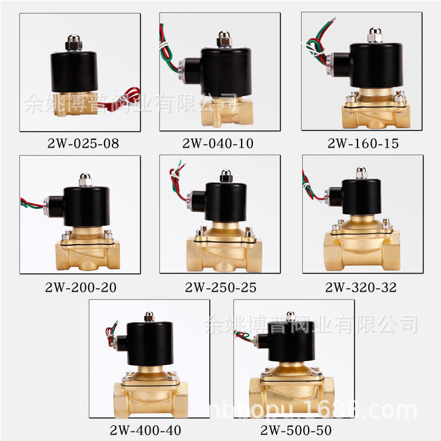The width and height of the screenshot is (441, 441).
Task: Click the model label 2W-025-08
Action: (83, 143)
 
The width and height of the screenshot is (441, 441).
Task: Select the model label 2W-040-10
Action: (218, 143)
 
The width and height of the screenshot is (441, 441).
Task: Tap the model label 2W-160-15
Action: (363, 143)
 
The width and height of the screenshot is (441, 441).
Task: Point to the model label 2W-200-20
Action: (81, 288)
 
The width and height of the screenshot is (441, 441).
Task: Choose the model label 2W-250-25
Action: (220, 288)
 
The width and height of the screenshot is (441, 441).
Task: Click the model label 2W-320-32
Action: (361, 288)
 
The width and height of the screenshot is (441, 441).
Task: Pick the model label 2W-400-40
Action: (145, 430)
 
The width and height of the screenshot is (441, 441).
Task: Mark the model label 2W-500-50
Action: (296, 430)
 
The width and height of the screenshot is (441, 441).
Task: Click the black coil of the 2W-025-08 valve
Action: (74, 72)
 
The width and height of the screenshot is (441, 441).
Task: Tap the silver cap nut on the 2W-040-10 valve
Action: (224, 39)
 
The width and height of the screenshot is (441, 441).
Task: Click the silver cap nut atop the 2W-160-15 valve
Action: (375, 35)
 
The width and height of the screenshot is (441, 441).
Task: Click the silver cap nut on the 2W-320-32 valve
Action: (362, 173)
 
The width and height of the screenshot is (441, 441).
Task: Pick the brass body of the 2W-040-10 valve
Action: (227, 111)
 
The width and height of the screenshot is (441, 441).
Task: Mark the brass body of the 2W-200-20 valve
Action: (88, 249)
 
